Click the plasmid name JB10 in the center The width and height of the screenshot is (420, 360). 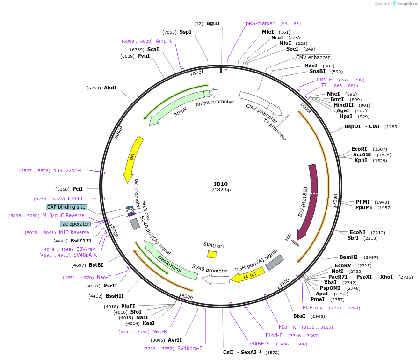pos(221,184)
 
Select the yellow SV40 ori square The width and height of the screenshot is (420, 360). pos(212,254)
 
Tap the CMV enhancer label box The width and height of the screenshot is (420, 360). pos(313,58)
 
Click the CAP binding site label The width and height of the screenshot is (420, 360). pos(66,207)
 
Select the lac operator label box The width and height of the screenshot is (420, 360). pos(75,224)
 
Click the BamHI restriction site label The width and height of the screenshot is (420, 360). pos(348,257)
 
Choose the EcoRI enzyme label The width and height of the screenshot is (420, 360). pos(360,149)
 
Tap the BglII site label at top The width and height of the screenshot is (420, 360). pos(213,23)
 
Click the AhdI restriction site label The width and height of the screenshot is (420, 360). pos(110,88)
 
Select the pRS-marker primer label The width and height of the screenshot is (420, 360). pos(260,23)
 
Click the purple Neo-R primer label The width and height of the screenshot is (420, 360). pos(159,331)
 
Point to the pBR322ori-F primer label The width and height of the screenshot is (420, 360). pos(68,170)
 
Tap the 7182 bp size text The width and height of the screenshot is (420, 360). pos(221,190)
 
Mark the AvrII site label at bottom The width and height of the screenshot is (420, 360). pos(175,340)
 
